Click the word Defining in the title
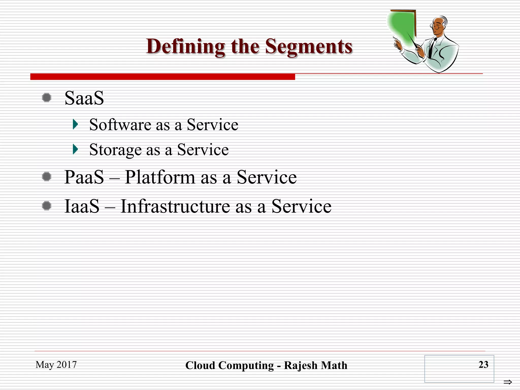pyautogui.click(x=185, y=46)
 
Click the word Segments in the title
pyautogui.click(x=309, y=46)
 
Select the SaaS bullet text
pyautogui.click(x=84, y=98)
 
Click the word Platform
pyautogui.click(x=160, y=177)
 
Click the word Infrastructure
pyautogui.click(x=175, y=206)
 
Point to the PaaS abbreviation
pyautogui.click(x=84, y=177)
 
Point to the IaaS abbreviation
pyautogui.click(x=82, y=206)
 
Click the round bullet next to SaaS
pyautogui.click(x=46, y=97)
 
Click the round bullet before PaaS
pyautogui.click(x=46, y=176)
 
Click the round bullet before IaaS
pyautogui.click(x=46, y=206)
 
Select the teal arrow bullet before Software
pyautogui.click(x=75, y=124)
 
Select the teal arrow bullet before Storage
pyautogui.click(x=75, y=149)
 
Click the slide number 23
pyautogui.click(x=483, y=365)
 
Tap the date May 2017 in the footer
pyautogui.click(x=56, y=365)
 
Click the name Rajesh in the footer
pyautogui.click(x=301, y=366)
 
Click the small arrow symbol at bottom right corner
pyautogui.click(x=508, y=382)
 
